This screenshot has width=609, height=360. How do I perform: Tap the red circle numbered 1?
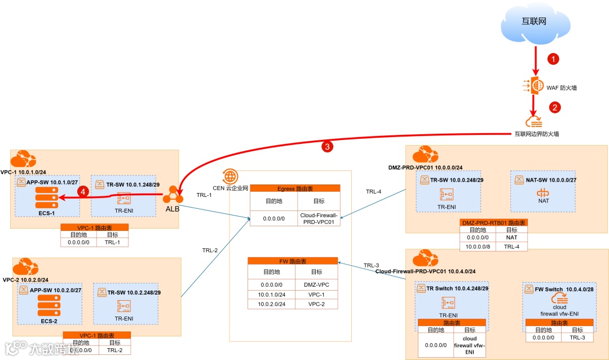click(x=554, y=59)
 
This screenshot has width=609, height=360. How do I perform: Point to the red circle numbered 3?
click(x=326, y=147)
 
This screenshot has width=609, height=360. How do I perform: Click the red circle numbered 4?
click(x=83, y=191)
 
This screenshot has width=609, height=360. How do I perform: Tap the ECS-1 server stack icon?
click(x=47, y=197)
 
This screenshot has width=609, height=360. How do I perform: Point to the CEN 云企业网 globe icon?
click(x=230, y=175)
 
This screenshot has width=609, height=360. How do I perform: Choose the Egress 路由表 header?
click(x=295, y=188)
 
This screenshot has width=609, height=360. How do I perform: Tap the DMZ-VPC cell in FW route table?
click(x=316, y=285)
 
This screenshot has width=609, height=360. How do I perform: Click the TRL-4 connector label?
click(x=374, y=192)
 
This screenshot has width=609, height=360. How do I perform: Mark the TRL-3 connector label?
click(x=372, y=265)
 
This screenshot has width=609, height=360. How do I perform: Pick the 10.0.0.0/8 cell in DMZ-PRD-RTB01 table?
click(x=478, y=247)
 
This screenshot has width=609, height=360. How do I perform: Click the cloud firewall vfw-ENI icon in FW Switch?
click(x=559, y=299)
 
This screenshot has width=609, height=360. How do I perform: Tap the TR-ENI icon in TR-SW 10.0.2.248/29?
click(x=123, y=306)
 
